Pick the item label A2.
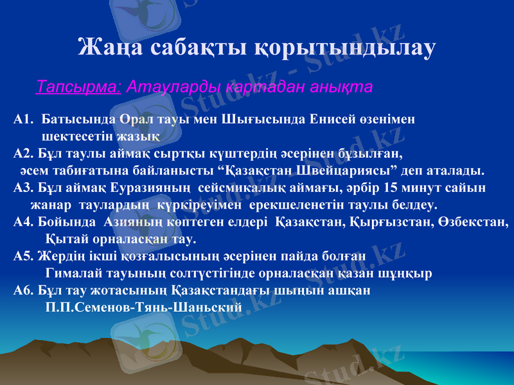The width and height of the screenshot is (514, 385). (x=22, y=153)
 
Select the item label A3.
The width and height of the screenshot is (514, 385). (x=22, y=188)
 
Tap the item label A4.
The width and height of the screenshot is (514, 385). (x=22, y=223)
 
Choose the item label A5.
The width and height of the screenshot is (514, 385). (x=22, y=256)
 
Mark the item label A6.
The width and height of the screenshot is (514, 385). (x=22, y=290)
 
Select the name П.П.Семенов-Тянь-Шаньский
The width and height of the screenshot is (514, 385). (x=145, y=307)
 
